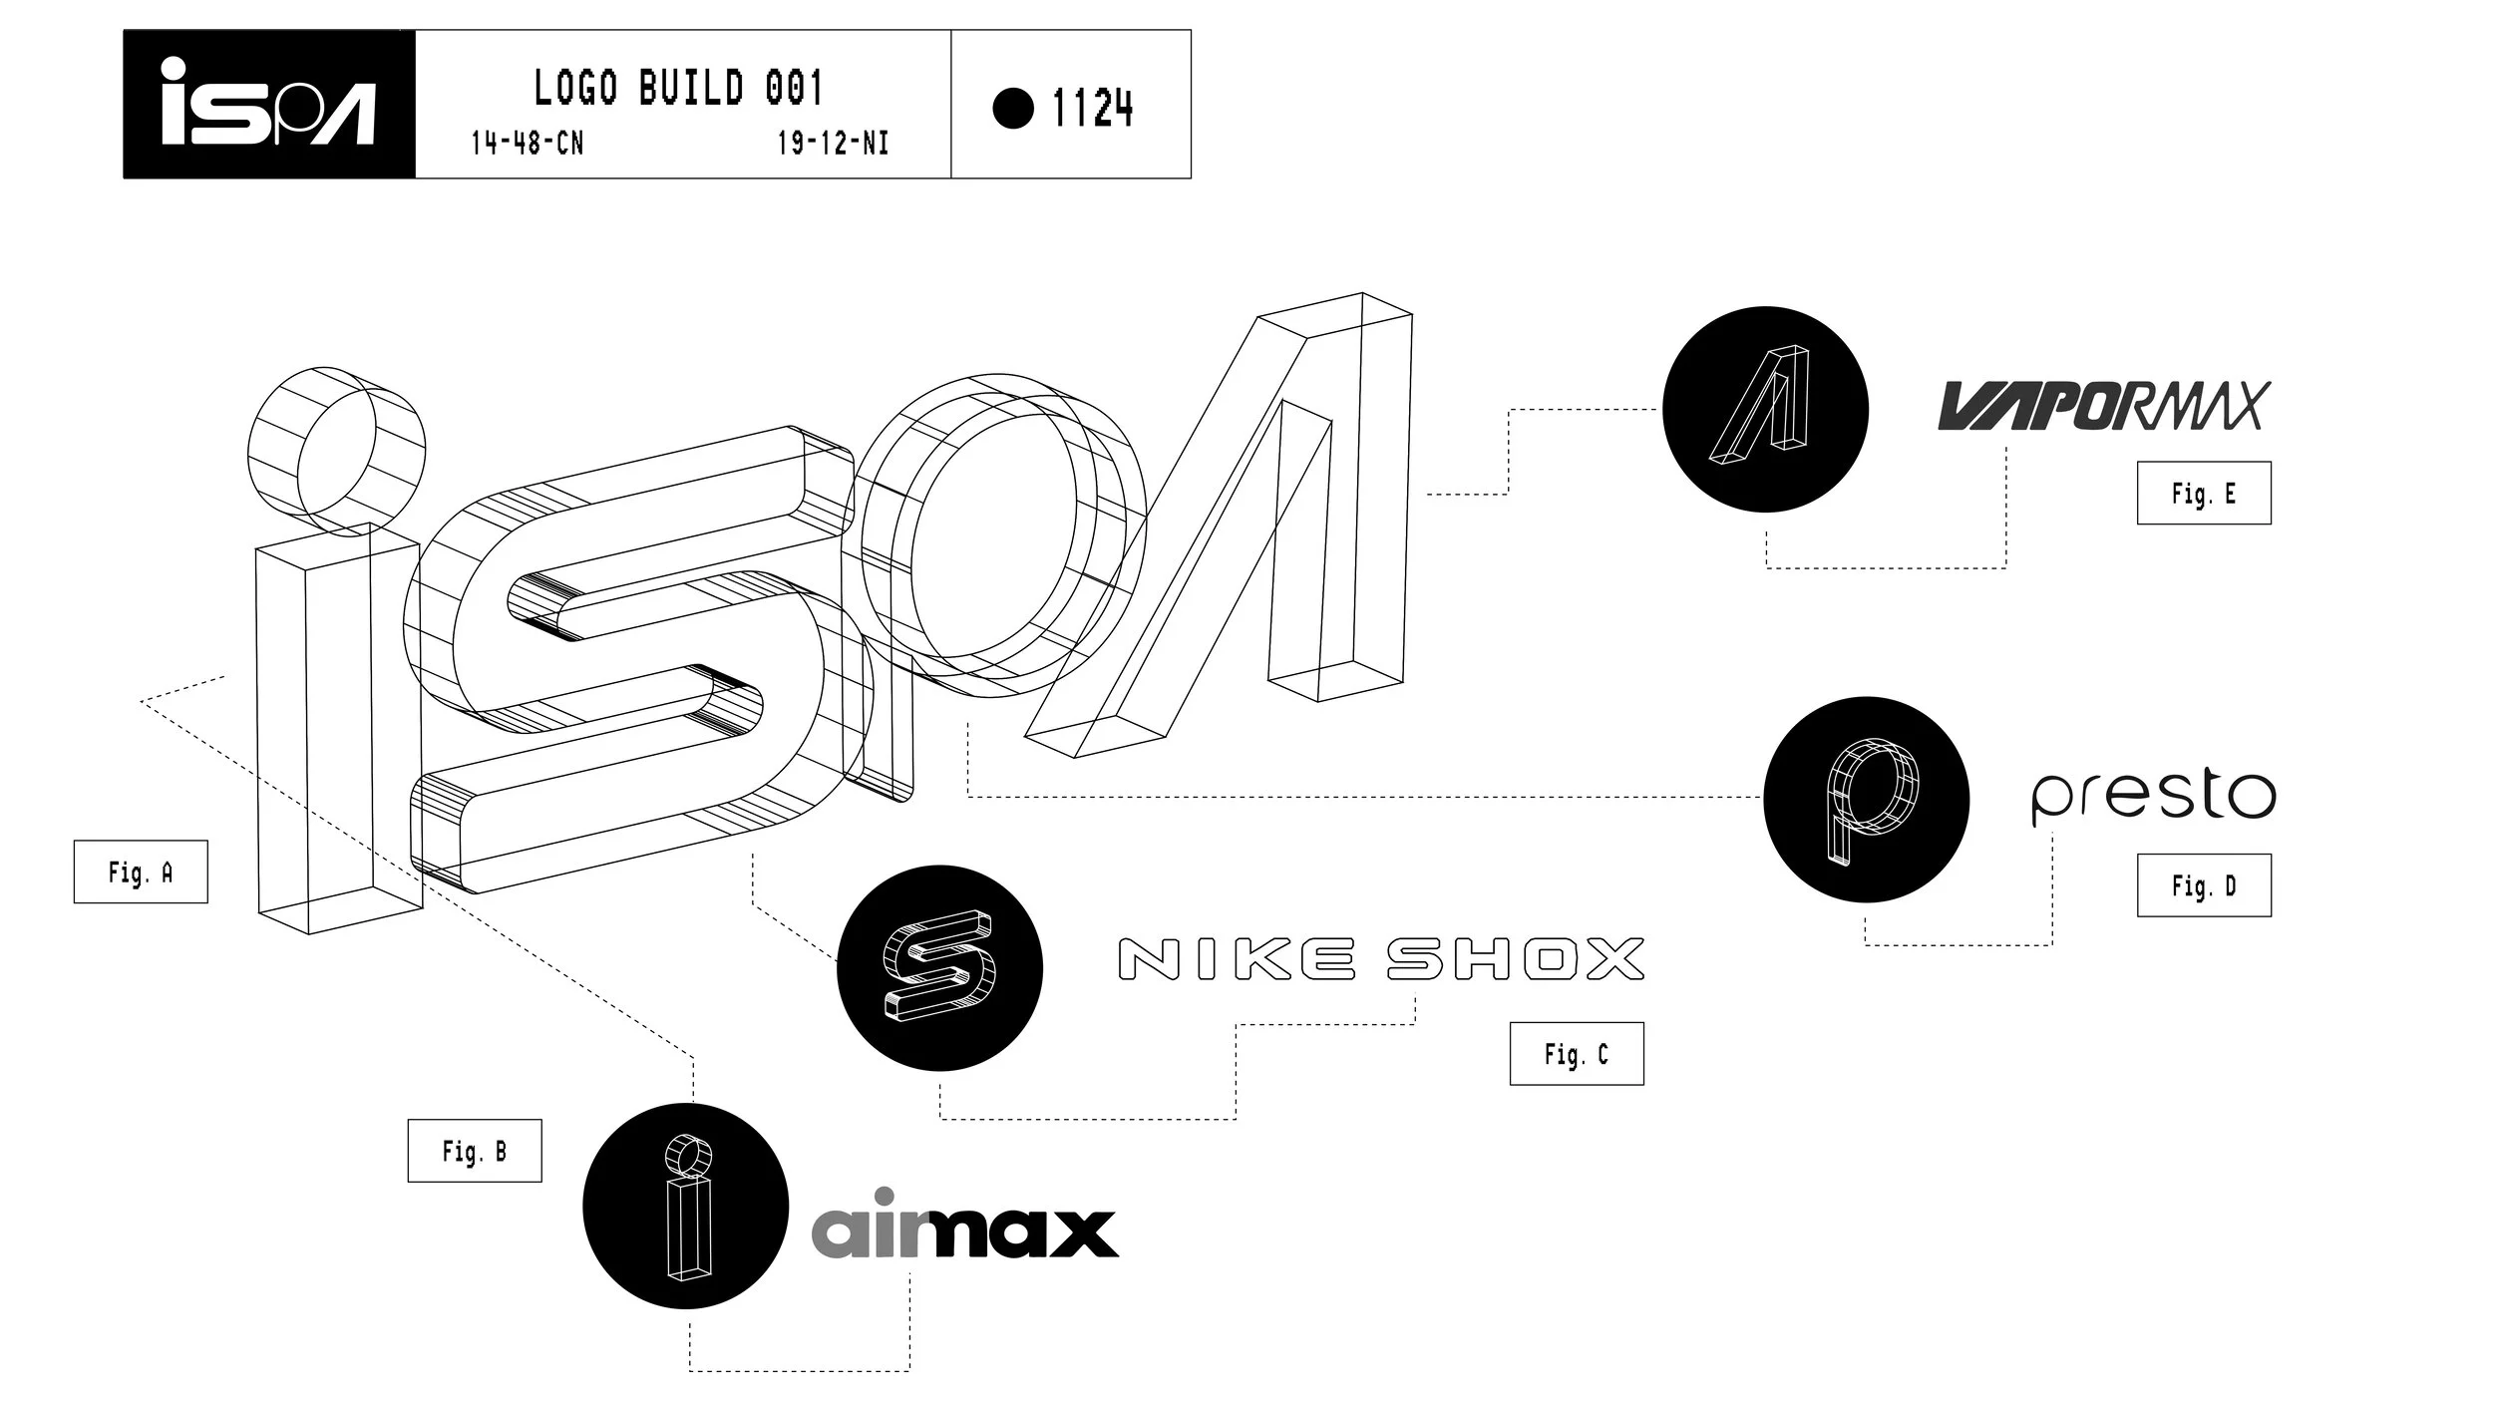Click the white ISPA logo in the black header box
pyautogui.click(x=267, y=104)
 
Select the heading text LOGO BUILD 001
pyautogui.click(x=678, y=88)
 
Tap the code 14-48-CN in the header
pyautogui.click(x=527, y=144)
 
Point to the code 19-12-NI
pyautogui.click(x=833, y=144)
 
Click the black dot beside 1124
pyautogui.click(x=1013, y=108)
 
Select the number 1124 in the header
pyautogui.click(x=1092, y=108)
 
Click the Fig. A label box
pyautogui.click(x=141, y=873)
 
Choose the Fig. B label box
pyautogui.click(x=475, y=1151)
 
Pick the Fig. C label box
pyautogui.click(x=1576, y=1054)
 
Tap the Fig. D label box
pyautogui.click(x=2204, y=884)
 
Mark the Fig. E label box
pyautogui.click(x=2204, y=493)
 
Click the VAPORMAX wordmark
pyautogui.click(x=2100, y=406)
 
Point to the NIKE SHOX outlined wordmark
pyautogui.click(x=1381, y=959)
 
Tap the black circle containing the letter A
pyautogui.click(x=1765, y=409)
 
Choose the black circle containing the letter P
pyautogui.click(x=1866, y=799)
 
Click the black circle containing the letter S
pyautogui.click(x=939, y=967)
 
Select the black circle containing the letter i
pyautogui.click(x=686, y=1206)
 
